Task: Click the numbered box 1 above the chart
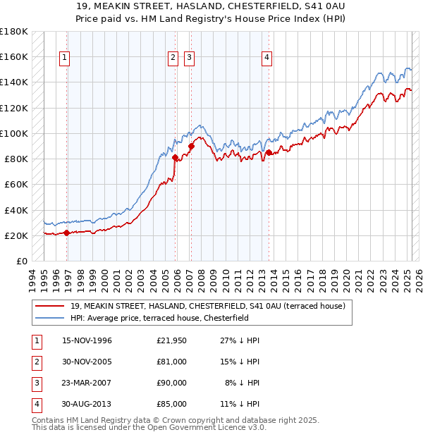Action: (x=64, y=59)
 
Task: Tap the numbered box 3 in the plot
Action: (x=190, y=59)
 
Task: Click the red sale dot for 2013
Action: (x=269, y=152)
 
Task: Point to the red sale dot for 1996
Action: (x=67, y=233)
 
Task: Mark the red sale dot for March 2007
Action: (x=191, y=146)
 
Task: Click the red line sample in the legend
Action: (x=49, y=306)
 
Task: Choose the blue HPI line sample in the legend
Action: (x=49, y=318)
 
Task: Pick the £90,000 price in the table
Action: (x=172, y=383)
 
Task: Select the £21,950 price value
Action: (x=172, y=340)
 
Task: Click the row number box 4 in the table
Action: (x=35, y=404)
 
